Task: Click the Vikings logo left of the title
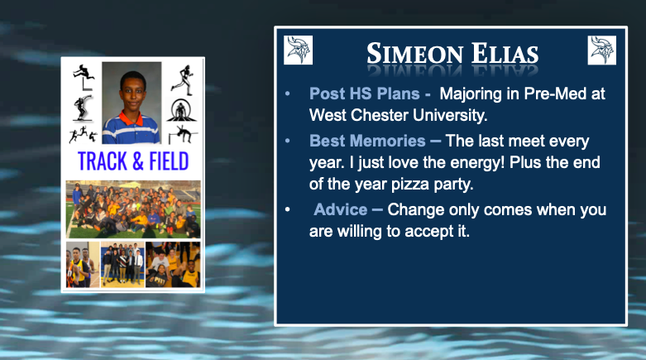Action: tap(298, 50)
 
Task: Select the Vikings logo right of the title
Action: tap(601, 50)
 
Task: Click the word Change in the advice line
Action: tap(418, 210)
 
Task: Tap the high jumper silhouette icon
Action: tap(182, 135)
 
